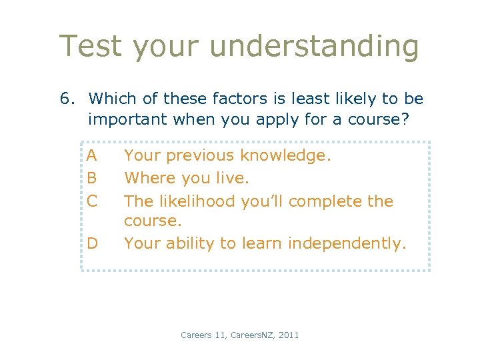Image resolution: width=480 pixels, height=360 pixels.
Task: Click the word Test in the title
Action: pyautogui.click(x=90, y=47)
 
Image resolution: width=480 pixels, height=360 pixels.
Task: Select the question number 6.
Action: pyautogui.click(x=65, y=99)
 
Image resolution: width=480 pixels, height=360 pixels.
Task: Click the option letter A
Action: pyautogui.click(x=92, y=156)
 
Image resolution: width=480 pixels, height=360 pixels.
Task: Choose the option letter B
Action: pyautogui.click(x=92, y=178)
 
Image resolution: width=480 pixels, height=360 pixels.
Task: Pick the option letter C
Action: pyautogui.click(x=92, y=201)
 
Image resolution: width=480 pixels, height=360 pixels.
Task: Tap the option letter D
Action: pyautogui.click(x=92, y=243)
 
